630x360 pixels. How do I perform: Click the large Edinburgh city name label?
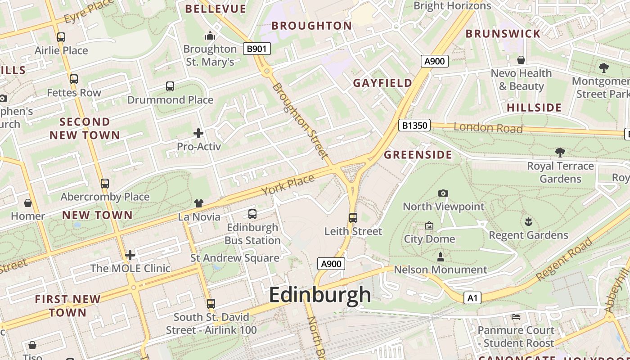pyautogui.click(x=320, y=295)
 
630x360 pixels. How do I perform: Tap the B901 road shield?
pyautogui.click(x=256, y=49)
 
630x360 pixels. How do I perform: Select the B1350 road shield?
pyautogui.click(x=414, y=125)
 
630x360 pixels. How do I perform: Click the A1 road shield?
pyautogui.click(x=472, y=298)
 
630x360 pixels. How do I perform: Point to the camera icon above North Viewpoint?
pyautogui.click(x=443, y=193)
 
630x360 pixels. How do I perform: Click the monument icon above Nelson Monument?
pyautogui.click(x=441, y=257)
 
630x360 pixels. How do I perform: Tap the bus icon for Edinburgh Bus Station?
pyautogui.click(x=252, y=214)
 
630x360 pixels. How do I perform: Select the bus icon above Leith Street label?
pyautogui.click(x=353, y=218)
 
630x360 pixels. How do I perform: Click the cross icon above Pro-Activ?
pyautogui.click(x=198, y=133)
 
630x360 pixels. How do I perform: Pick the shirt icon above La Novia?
pyautogui.click(x=199, y=204)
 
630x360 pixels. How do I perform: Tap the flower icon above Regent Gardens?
pyautogui.click(x=528, y=221)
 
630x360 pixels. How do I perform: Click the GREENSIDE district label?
pyautogui.click(x=418, y=155)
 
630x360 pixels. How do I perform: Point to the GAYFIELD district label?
pyautogui.click(x=382, y=83)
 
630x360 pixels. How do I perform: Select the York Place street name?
pyautogui.click(x=288, y=185)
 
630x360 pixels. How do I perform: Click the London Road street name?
pyautogui.click(x=488, y=128)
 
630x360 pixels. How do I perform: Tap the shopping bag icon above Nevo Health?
pyautogui.click(x=521, y=60)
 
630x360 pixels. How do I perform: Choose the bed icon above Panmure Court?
pyautogui.click(x=516, y=317)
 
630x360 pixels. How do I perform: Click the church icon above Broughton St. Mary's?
pyautogui.click(x=210, y=36)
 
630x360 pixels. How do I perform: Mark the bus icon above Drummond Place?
pyautogui.click(x=170, y=86)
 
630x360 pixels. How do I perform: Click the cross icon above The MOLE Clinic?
pyautogui.click(x=130, y=256)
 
